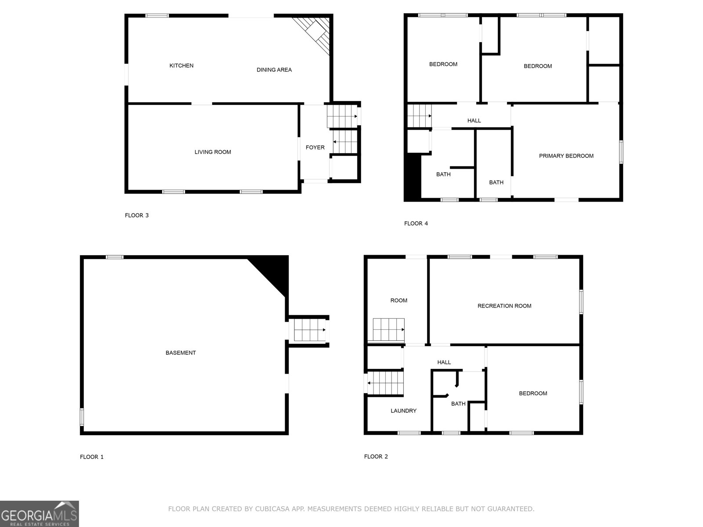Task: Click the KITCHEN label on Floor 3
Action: [x=181, y=66]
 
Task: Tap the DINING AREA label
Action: [x=274, y=70]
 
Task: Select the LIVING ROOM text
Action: [x=213, y=152]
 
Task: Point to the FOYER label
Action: [x=315, y=148]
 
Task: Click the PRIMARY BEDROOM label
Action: [x=566, y=156]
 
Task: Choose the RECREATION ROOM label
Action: [x=504, y=306]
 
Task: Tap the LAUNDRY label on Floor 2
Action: [x=403, y=411]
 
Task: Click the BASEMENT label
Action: [x=181, y=353]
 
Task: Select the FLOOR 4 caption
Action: [x=416, y=224]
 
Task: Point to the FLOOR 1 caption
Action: [x=92, y=457]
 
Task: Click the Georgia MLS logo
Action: [x=39, y=514]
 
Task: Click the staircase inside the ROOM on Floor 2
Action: [x=388, y=330]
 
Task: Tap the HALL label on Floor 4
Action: [x=474, y=121]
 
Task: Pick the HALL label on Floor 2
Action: [x=444, y=362]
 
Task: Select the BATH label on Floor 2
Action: [x=458, y=404]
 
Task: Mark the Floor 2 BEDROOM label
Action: [x=533, y=393]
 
